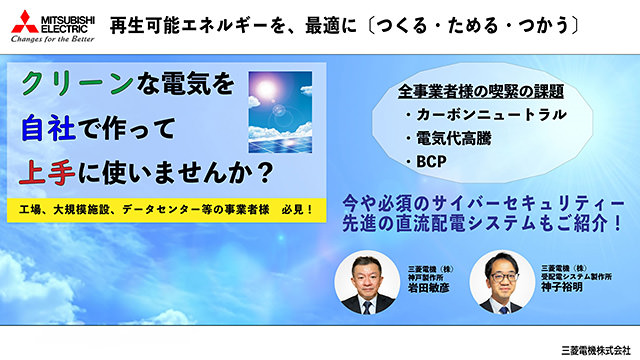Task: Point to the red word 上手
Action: (45, 172)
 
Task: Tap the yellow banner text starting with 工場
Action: (166, 209)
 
